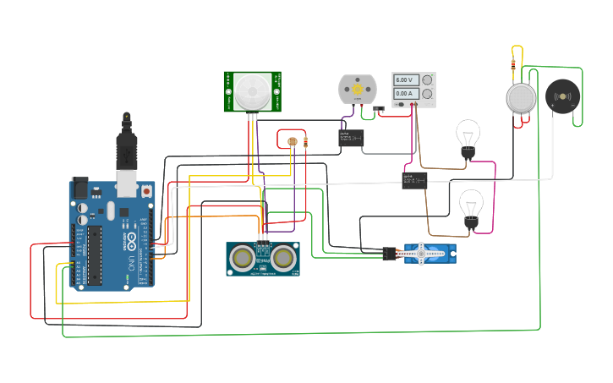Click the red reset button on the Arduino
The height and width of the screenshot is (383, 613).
point(147,191)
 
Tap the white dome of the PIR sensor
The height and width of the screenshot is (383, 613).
point(252,90)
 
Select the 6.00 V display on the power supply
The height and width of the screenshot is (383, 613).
point(404,79)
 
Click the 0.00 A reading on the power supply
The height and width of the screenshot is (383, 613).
point(404,93)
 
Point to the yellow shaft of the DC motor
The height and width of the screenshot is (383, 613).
point(357,89)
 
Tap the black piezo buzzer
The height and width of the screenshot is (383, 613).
point(562,96)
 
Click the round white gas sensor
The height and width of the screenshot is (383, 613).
point(521,97)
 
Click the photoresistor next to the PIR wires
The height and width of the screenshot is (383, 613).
point(292,141)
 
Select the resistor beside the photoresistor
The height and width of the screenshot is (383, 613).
point(304,141)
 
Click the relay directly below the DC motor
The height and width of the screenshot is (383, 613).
point(351,138)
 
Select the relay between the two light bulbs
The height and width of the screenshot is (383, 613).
point(413,179)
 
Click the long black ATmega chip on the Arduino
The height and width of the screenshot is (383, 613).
point(95,254)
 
